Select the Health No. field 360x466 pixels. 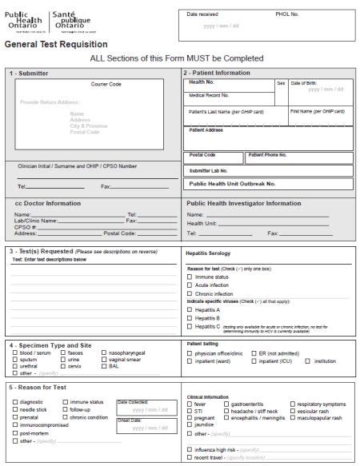tap(230, 85)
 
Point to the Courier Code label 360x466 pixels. tap(106, 84)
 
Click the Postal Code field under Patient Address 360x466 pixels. tap(214, 158)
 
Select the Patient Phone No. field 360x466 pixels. tap(299, 158)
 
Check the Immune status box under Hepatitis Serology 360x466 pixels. tap(190, 277)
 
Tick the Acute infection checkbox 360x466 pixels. tap(190, 285)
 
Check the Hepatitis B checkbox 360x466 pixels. tap(190, 318)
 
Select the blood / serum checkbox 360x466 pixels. tap(14, 352)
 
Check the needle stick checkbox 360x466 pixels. tap(14, 409)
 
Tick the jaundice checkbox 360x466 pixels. tap(190, 424)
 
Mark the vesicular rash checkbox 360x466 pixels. tap(292, 411)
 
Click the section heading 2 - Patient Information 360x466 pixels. tap(219, 73)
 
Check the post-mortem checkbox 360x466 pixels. tap(14, 432)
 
